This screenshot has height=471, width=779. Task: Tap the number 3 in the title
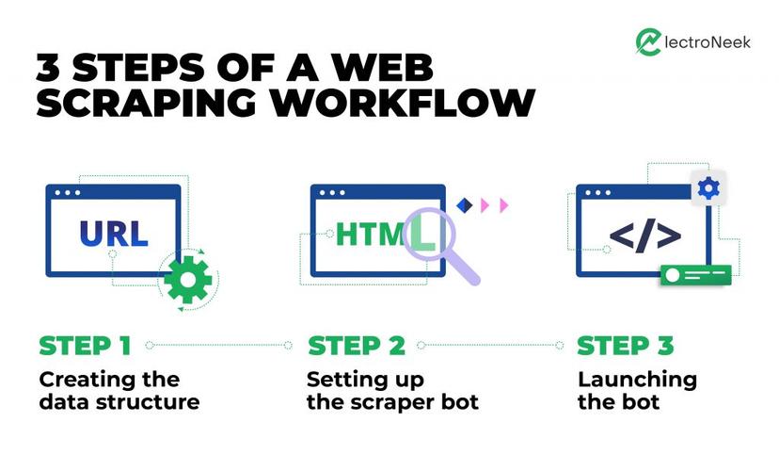point(52,67)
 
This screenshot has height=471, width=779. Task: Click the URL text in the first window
point(113,232)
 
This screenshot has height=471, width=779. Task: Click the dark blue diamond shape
point(462,204)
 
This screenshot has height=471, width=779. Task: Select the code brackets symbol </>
point(644,235)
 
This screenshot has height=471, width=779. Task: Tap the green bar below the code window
point(695,275)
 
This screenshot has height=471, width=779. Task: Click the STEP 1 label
point(85,345)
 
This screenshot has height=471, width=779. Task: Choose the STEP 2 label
point(356,345)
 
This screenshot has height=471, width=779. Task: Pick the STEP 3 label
point(625,345)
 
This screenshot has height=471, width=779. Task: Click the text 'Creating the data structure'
point(119,391)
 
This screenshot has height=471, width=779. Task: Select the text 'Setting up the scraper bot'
point(392,391)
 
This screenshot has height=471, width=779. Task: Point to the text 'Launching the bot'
point(637,391)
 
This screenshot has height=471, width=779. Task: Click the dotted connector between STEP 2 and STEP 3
point(490,345)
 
